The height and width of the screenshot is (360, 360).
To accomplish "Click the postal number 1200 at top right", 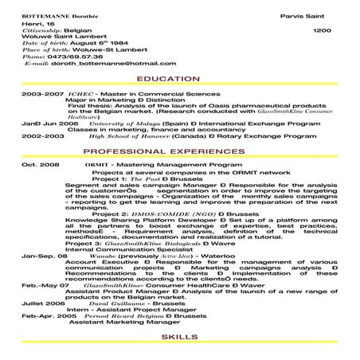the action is pos(322,31).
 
